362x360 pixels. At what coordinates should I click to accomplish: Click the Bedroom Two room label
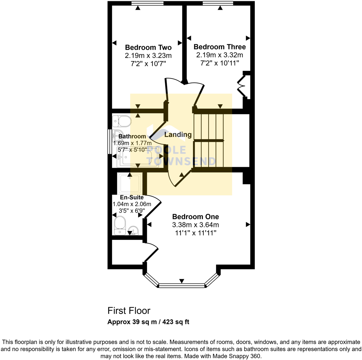pyautogui.click(x=148, y=47)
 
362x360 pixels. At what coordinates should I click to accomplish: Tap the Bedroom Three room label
pyautogui.click(x=220, y=47)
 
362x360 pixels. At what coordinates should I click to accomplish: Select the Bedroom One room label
pyautogui.click(x=196, y=217)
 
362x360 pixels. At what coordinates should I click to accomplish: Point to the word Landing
pyautogui.click(x=178, y=135)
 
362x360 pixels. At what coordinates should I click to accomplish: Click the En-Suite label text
pyautogui.click(x=132, y=197)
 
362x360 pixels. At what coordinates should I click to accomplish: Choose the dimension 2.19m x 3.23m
pyautogui.click(x=148, y=56)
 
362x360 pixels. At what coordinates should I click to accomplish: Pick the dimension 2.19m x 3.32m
pyautogui.click(x=220, y=55)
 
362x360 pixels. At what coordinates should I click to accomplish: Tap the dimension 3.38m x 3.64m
pyautogui.click(x=196, y=225)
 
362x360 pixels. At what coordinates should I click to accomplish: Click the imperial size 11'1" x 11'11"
pyautogui.click(x=196, y=233)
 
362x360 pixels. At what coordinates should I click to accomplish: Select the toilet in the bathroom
pyautogui.click(x=122, y=121)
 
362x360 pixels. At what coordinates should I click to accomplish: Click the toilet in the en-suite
pyautogui.click(x=120, y=225)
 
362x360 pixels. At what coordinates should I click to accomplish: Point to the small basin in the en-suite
pyautogui.click(x=134, y=231)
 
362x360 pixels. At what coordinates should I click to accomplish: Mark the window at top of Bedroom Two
pyautogui.click(x=147, y=3)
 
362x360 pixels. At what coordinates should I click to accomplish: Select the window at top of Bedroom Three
pyautogui.click(x=218, y=3)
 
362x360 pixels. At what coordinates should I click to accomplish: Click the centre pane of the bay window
pyautogui.click(x=182, y=286)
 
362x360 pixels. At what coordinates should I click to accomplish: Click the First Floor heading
pyautogui.click(x=129, y=311)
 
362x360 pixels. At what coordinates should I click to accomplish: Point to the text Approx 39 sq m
pyautogui.click(x=132, y=322)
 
